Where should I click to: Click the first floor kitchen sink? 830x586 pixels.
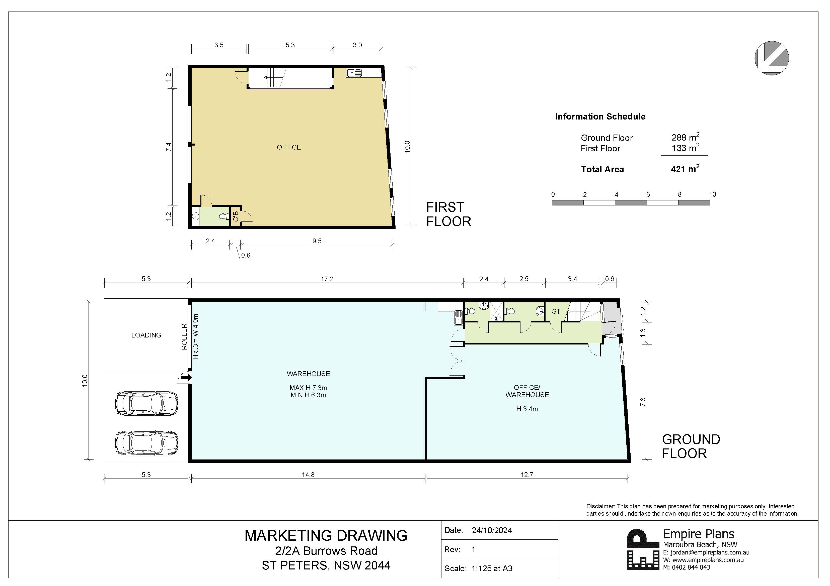point(354,73)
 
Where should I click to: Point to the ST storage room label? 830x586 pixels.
point(556,311)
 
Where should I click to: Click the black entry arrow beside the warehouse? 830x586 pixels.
point(187,378)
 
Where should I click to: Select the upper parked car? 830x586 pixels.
point(146,403)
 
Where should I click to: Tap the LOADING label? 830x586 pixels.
point(146,335)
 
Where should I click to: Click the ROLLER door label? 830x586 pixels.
point(184,336)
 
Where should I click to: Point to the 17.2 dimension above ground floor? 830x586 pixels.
point(327,279)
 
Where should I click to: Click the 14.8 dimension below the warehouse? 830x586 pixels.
point(308,475)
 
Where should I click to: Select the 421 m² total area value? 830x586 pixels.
point(685,169)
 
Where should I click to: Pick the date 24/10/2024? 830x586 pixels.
point(492,530)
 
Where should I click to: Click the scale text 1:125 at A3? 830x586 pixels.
point(492,568)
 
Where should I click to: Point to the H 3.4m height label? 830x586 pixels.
point(527,409)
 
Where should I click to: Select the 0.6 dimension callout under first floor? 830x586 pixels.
point(246,255)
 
